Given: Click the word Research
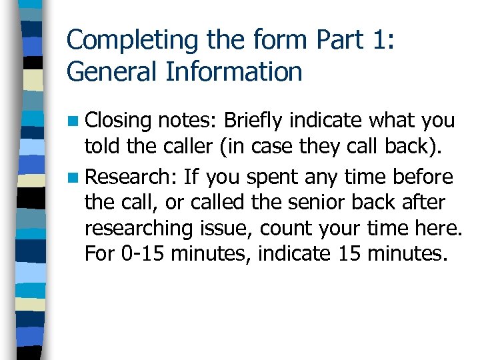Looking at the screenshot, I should (129, 177).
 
